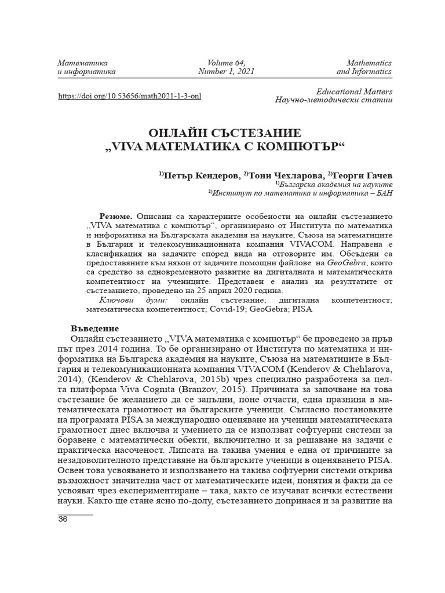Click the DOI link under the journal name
tap(130, 96)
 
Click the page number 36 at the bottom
tap(63, 519)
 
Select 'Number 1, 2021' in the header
tap(226, 72)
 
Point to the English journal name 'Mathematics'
tap(369, 62)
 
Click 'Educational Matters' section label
tap(354, 91)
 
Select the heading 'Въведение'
tap(95, 327)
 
